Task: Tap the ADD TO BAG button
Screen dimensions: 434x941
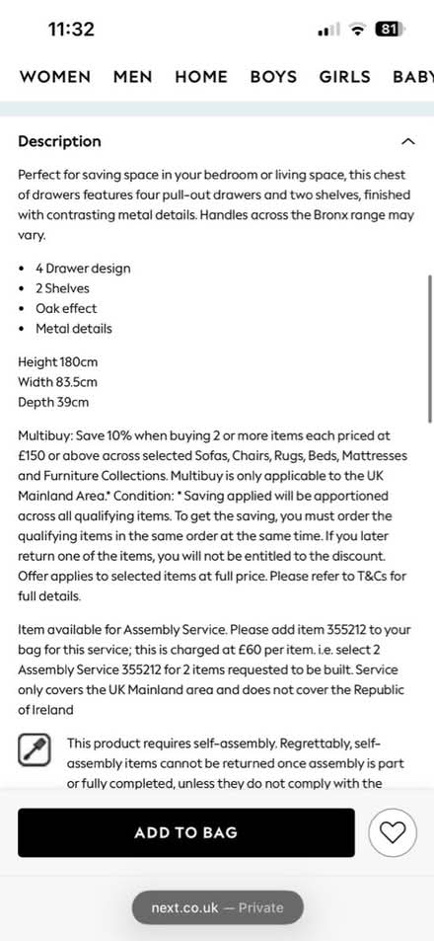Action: tap(185, 832)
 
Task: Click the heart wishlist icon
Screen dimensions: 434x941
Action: tap(393, 832)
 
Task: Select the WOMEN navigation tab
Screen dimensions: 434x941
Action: tap(55, 76)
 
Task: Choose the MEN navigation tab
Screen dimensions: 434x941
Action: tap(132, 76)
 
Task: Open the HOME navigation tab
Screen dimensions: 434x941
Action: tap(201, 76)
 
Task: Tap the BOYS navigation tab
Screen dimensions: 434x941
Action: tap(274, 76)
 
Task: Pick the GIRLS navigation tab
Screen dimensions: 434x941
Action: tap(344, 76)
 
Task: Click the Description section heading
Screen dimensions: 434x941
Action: tap(59, 141)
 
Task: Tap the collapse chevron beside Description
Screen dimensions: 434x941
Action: tap(408, 141)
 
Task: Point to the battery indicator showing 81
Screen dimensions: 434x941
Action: tap(389, 30)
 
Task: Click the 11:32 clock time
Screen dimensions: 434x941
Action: tap(71, 30)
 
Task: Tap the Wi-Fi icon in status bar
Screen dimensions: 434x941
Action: tap(356, 30)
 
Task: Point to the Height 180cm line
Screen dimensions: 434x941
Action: tap(58, 362)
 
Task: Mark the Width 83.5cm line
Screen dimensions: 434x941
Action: tap(58, 382)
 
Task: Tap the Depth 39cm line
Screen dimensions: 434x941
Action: tap(53, 402)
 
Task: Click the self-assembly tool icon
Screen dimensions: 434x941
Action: tap(35, 750)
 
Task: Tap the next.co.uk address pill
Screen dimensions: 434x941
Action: tap(217, 907)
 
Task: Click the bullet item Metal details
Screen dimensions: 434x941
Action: tap(74, 328)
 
